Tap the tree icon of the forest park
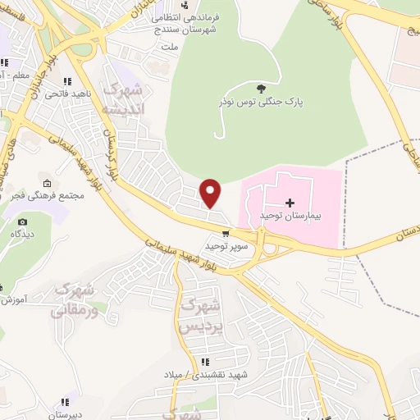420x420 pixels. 261,89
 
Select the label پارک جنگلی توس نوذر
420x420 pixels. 262,102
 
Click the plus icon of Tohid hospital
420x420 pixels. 289,202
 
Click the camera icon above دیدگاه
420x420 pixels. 22,221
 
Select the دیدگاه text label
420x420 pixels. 22,235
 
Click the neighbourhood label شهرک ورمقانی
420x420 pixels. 73,299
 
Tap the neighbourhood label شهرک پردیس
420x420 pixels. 199,316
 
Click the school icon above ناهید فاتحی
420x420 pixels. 66,82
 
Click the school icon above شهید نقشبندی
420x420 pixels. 205,362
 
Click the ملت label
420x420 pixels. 170,48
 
